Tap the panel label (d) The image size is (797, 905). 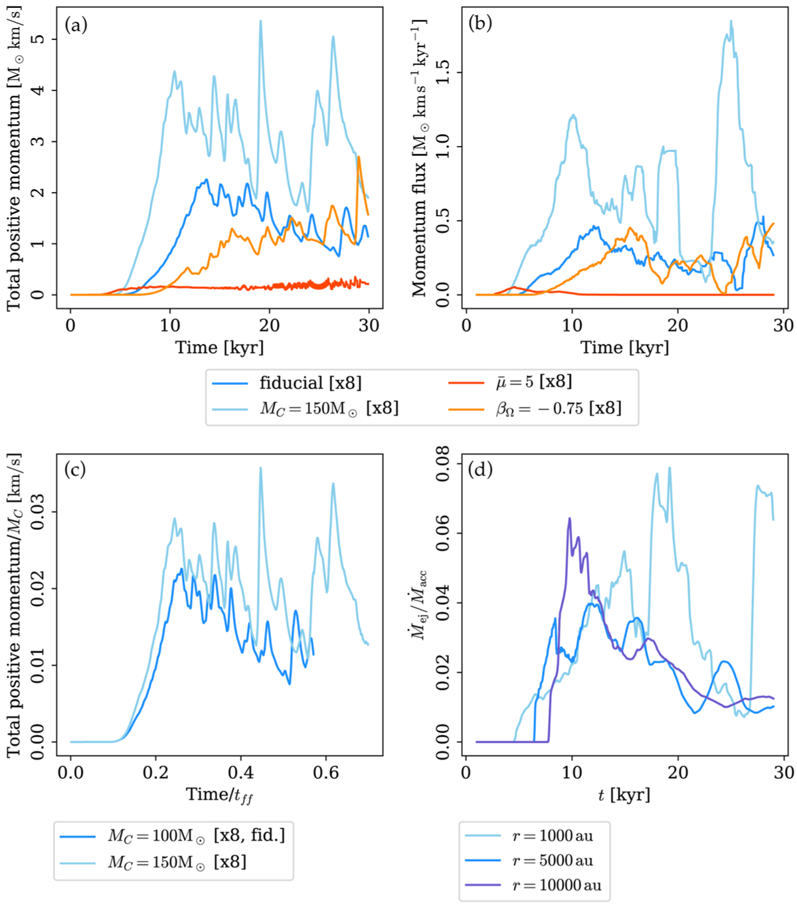point(480,469)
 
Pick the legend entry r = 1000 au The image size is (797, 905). point(553,835)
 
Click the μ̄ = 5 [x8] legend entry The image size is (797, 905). point(534,382)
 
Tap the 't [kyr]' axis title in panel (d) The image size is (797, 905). point(625,794)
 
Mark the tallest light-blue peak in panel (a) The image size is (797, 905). point(260,21)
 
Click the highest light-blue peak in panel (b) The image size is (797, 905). point(731,21)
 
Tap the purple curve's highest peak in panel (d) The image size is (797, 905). point(569,518)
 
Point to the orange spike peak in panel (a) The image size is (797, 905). point(359,157)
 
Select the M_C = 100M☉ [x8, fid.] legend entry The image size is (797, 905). point(197,835)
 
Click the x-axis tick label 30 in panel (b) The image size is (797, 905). point(784,325)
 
